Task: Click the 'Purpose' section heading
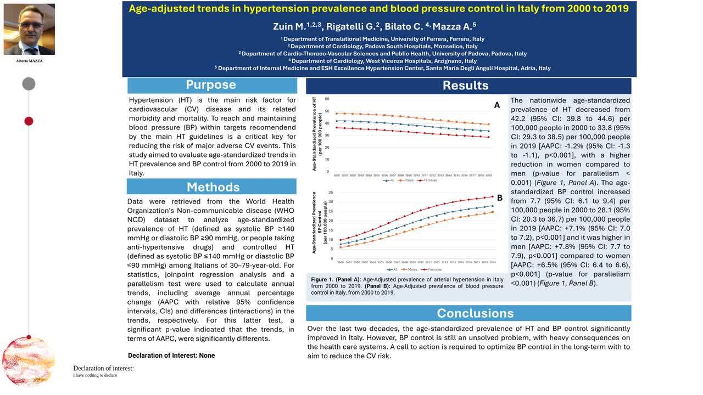(x=211, y=85)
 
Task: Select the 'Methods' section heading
(x=213, y=187)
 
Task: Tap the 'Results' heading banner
(x=465, y=86)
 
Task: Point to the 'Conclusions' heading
(x=475, y=313)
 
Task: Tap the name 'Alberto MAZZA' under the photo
(x=29, y=61)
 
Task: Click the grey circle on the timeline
(x=29, y=84)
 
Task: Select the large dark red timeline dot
(x=29, y=121)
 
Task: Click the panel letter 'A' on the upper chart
(x=497, y=105)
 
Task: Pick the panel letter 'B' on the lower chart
(x=500, y=198)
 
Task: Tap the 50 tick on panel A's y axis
(x=327, y=111)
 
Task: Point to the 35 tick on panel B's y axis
(x=331, y=193)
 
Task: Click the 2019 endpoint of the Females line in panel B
(x=492, y=197)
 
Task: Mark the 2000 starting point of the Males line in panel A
(x=337, y=114)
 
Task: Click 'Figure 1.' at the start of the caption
(x=322, y=280)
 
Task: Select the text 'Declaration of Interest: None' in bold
(x=171, y=356)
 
